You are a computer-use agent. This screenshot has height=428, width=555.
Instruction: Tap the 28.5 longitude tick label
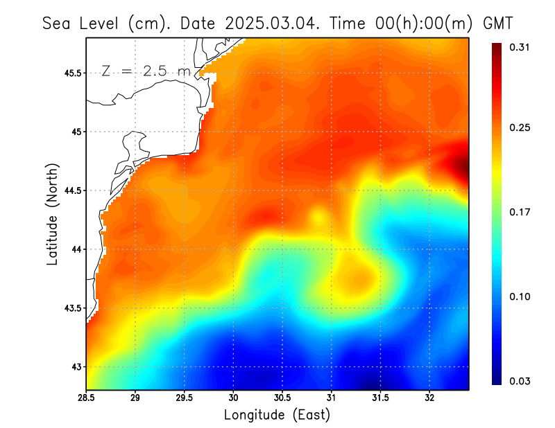(x=87, y=398)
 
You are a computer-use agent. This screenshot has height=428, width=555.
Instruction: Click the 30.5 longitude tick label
(x=282, y=398)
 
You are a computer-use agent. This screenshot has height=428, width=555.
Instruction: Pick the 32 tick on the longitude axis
(x=429, y=398)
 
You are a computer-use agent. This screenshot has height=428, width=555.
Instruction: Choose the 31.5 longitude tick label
(x=380, y=398)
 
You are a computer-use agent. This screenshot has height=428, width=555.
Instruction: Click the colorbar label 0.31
(x=521, y=47)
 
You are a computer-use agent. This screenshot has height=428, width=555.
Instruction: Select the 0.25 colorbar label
(x=521, y=128)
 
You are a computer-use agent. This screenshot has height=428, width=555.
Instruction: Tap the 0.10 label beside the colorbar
(x=521, y=296)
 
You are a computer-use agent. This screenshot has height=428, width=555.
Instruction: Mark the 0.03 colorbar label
(x=521, y=381)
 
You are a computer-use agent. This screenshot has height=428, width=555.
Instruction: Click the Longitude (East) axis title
(x=277, y=415)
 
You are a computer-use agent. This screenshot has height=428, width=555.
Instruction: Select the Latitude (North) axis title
(x=53, y=215)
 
